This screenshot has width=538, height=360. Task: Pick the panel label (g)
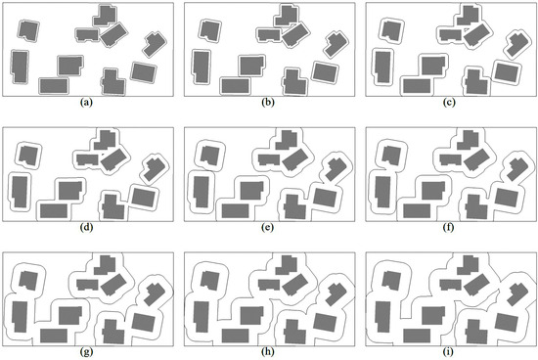tap(89, 352)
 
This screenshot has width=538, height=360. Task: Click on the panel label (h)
tap(268, 352)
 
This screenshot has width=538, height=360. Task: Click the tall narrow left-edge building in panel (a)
tap(20, 67)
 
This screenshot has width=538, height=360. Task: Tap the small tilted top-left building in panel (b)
tap(208, 28)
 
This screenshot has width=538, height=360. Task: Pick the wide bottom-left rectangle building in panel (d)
tap(54, 209)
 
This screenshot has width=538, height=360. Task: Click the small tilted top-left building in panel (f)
tap(388, 154)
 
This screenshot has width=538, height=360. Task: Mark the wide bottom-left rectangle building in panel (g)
tap(54, 335)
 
